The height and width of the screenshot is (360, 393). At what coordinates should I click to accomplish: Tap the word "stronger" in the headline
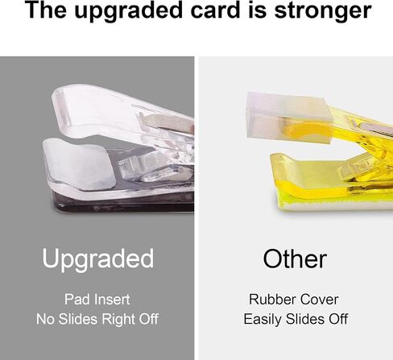[x=323, y=10]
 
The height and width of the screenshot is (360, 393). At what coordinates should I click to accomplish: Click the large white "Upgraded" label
[x=98, y=259]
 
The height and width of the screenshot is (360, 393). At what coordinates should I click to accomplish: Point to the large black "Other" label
[x=295, y=259]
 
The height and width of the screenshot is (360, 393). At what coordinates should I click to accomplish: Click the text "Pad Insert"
[x=97, y=300]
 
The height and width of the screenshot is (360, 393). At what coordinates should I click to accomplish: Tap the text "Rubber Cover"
[x=294, y=300]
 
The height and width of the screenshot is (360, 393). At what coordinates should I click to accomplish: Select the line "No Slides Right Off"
[x=97, y=319]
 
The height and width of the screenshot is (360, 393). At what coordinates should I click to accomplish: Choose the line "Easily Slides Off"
[x=296, y=319]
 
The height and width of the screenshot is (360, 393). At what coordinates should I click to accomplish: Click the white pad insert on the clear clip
[x=79, y=163]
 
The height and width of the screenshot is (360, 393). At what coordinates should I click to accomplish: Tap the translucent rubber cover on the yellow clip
[x=288, y=118]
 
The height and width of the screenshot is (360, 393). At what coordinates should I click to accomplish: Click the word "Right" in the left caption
[x=118, y=320]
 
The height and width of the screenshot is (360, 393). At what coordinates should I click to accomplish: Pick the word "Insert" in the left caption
[x=112, y=300]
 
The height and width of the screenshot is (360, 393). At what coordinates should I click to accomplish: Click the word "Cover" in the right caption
[x=319, y=300]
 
